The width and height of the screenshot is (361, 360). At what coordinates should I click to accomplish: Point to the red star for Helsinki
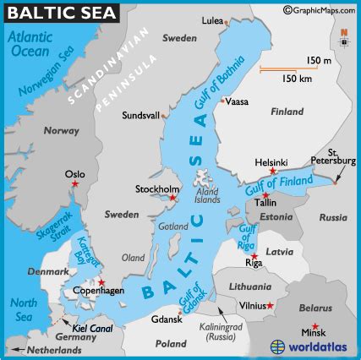pyautogui.click(x=272, y=172)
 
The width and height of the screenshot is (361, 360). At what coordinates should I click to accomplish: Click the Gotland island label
pyautogui.click(x=173, y=227)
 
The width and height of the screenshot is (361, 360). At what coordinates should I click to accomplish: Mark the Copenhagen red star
pyautogui.click(x=101, y=284)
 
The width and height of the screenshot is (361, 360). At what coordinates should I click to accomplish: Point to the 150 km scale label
pyautogui.click(x=298, y=78)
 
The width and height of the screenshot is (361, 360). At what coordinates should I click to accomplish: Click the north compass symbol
pyautogui.click(x=344, y=38)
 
